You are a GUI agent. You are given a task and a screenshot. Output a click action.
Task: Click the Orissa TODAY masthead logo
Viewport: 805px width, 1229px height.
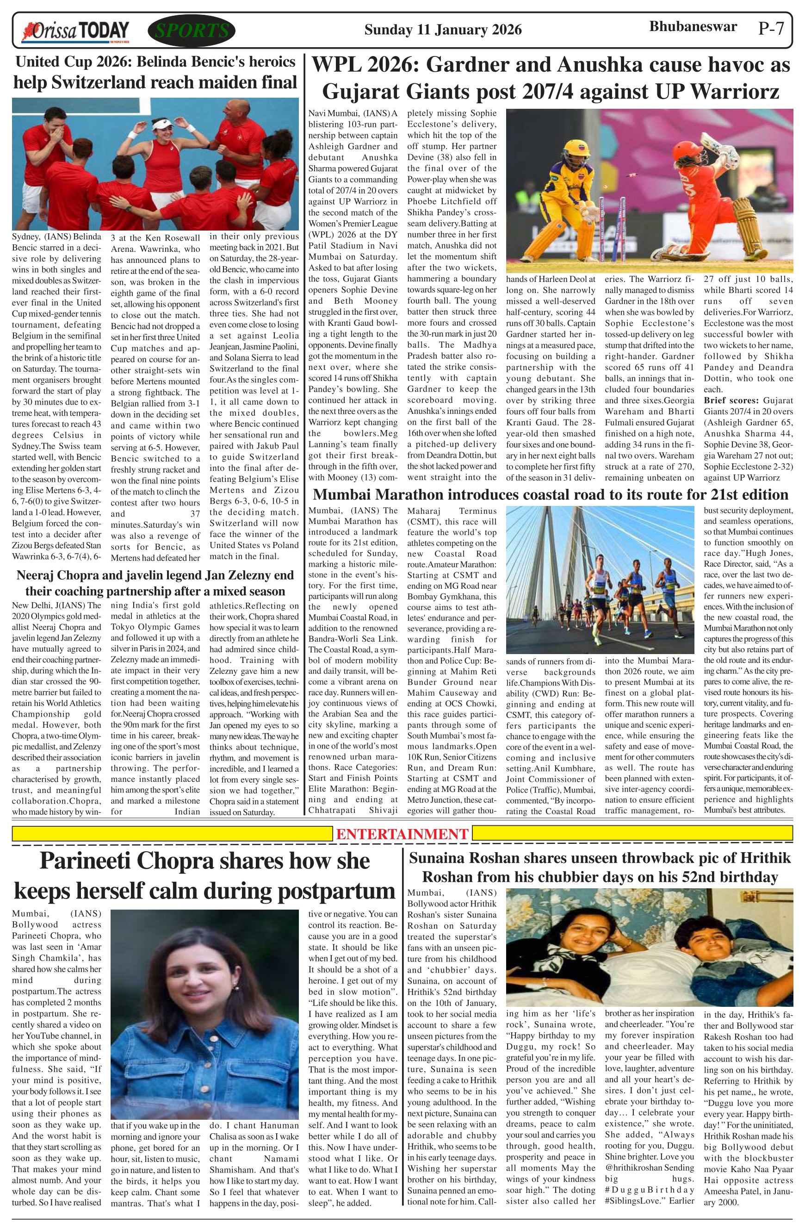[x=75, y=31]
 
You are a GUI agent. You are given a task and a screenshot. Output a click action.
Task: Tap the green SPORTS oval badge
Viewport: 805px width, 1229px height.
[x=192, y=31]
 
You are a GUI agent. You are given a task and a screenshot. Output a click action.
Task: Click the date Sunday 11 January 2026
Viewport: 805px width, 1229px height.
[x=443, y=30]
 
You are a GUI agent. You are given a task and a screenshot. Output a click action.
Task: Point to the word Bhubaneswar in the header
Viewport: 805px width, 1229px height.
[x=693, y=27]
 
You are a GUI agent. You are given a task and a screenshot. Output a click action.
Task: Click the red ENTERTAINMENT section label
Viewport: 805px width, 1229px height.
[x=402, y=833]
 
